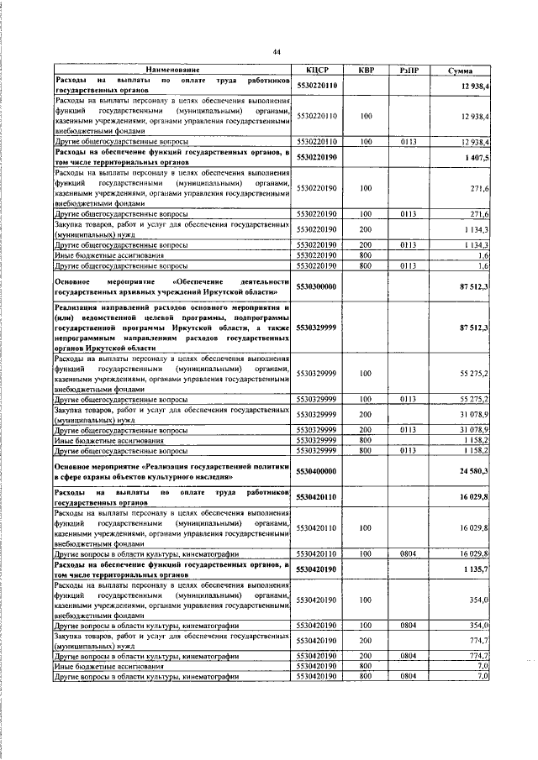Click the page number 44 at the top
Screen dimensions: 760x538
coord(275,52)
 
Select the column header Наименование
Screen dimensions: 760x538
coord(171,71)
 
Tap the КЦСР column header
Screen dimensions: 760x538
coord(316,71)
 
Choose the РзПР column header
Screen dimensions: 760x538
coord(409,71)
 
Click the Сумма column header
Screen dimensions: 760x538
coord(460,71)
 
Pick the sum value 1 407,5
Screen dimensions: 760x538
coord(477,157)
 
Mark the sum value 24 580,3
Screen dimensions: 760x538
coord(475,470)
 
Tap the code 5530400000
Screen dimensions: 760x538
coord(316,470)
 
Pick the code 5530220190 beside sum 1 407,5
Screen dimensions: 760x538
coord(316,157)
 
